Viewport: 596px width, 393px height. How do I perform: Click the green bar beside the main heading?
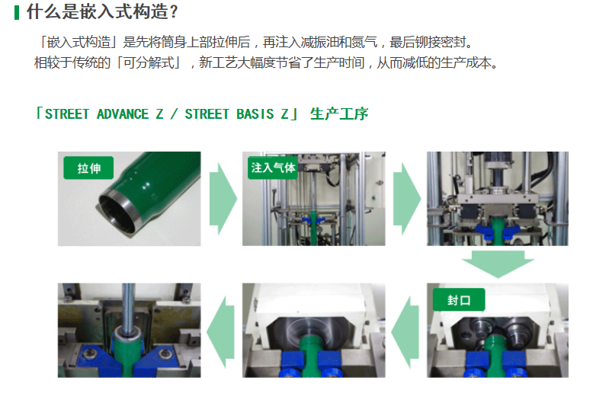tap(16, 12)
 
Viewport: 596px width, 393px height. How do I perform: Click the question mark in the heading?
tap(174, 12)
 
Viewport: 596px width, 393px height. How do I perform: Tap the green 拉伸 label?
tap(88, 168)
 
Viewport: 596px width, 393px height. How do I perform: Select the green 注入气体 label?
tap(273, 168)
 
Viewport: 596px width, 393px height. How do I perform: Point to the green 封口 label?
tap(459, 300)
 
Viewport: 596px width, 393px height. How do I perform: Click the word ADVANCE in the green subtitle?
tap(123, 114)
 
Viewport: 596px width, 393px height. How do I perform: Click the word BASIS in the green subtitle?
tap(255, 114)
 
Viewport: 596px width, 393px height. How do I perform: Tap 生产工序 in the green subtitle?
tap(339, 114)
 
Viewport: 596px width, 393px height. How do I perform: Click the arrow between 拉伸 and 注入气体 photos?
tap(223, 199)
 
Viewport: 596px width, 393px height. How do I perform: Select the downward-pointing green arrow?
tap(498, 264)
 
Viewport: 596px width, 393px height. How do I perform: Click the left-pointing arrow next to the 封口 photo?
tap(405, 332)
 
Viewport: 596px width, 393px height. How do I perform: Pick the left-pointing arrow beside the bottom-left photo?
tap(221, 332)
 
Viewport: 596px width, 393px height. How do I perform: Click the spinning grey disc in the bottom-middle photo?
tap(313, 327)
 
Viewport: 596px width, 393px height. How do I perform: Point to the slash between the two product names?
tap(174, 114)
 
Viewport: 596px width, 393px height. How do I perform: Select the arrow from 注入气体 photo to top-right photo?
tap(407, 199)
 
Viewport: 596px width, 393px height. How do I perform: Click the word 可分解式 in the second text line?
tap(149, 62)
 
